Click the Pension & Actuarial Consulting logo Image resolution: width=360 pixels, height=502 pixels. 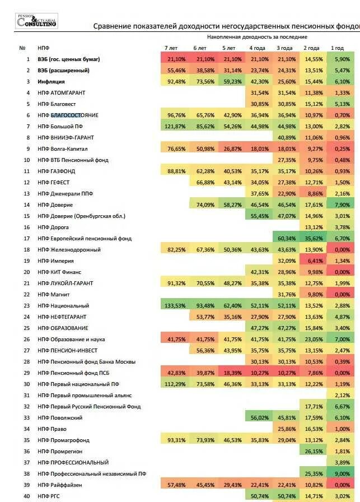coord(36,21)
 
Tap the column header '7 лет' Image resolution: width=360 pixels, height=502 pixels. coord(171,48)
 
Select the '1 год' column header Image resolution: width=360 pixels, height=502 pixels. coord(337,48)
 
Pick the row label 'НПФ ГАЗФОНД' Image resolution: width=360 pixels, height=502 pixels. coord(57,171)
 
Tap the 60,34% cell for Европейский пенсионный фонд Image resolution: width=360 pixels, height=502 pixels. coord(286,239)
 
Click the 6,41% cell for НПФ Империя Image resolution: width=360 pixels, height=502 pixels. coord(315,261)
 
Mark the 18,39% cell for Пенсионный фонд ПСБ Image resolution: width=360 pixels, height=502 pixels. coord(232,373)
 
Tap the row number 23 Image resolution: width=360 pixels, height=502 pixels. coord(26,306)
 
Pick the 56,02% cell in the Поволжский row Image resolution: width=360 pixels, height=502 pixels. coord(258,418)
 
